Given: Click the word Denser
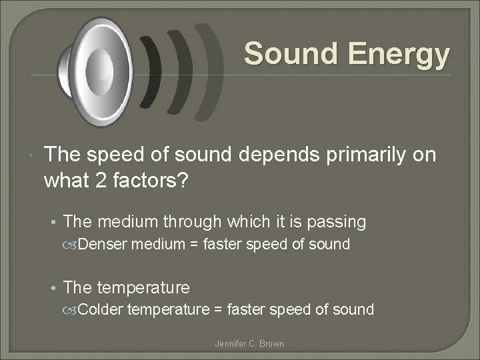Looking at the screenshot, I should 103,245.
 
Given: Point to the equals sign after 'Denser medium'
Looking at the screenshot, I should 193,245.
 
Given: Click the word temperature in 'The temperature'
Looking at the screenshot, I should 143,288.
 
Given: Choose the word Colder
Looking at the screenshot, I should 101,309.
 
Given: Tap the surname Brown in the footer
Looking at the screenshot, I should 271,343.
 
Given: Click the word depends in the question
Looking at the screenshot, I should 263,155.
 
